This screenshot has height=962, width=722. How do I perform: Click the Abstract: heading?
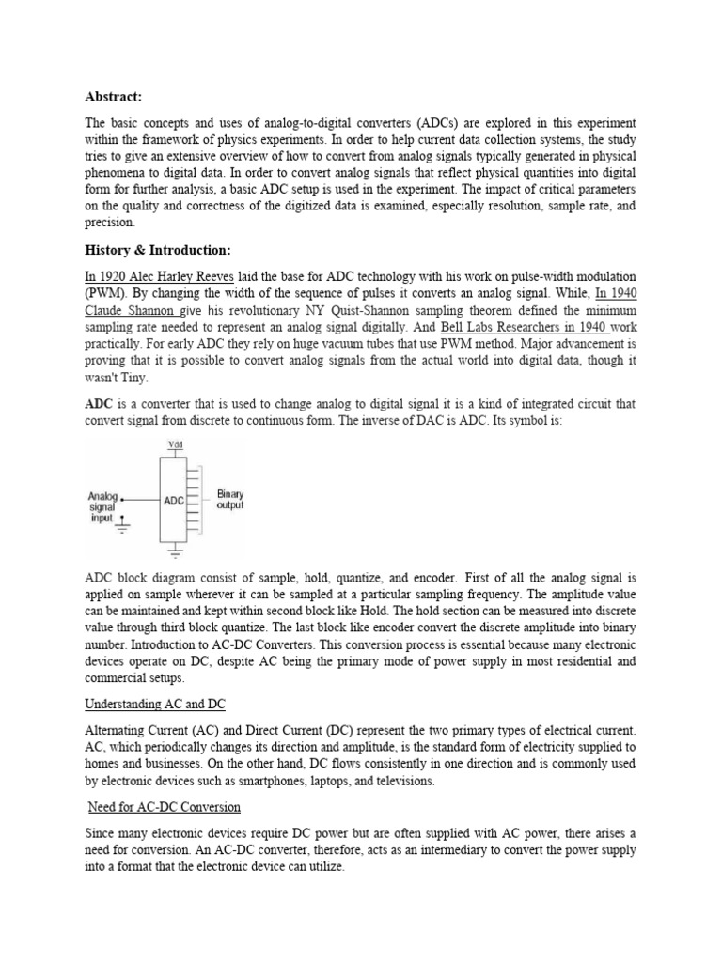[112, 96]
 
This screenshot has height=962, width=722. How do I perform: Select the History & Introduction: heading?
[157, 250]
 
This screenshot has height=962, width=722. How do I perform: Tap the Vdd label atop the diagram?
[175, 444]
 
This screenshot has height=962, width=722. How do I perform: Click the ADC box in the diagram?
[174, 501]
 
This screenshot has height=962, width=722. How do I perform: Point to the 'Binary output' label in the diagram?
[229, 499]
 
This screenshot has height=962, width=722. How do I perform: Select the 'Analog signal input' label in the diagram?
[102, 507]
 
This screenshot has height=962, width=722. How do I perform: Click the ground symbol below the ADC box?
[174, 552]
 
